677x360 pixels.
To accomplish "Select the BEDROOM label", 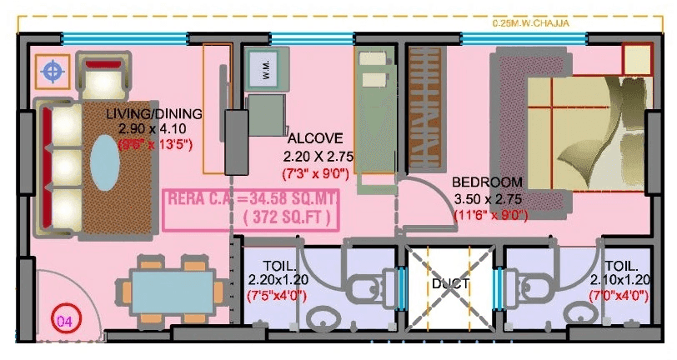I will click(487, 182).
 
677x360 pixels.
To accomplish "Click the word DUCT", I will click(450, 284).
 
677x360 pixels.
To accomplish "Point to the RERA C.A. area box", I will click(251, 208).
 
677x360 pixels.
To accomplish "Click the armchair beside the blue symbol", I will click(103, 77).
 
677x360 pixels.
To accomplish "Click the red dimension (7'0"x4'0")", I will click(619, 296).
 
